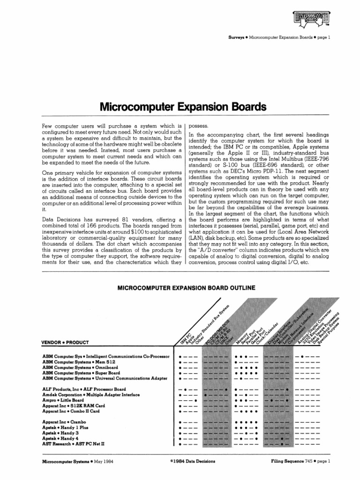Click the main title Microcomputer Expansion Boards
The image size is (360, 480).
pyautogui.click(x=183, y=107)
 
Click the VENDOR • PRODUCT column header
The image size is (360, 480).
pyautogui.click(x=65, y=342)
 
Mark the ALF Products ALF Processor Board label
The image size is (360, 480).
pyautogui.click(x=84, y=389)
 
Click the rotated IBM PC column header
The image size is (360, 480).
pyautogui.click(x=185, y=334)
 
